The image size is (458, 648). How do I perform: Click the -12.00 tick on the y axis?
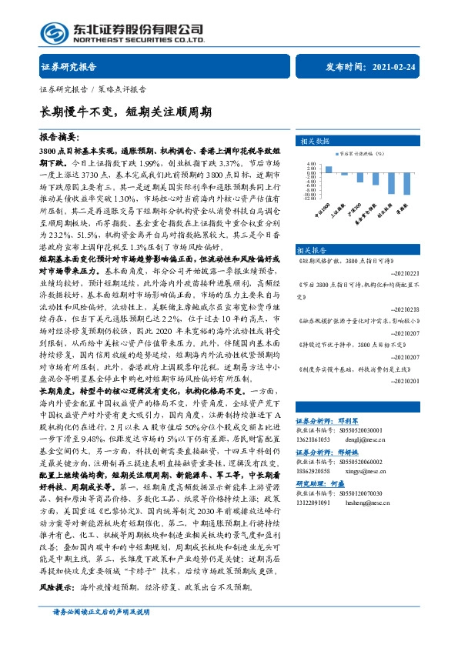[311, 198]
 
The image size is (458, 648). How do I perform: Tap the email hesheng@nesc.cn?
[366, 459]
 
